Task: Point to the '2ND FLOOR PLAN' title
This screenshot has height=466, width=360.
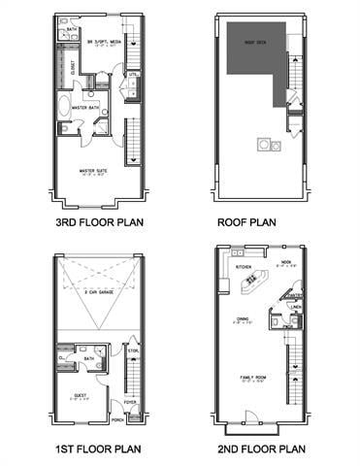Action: tap(259, 449)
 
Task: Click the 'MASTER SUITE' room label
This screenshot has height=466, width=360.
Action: tap(93, 171)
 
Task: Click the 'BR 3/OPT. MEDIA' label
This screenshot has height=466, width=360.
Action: tap(100, 42)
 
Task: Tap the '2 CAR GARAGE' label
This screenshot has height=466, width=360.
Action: tap(99, 291)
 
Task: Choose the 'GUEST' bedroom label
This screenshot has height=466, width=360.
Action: tap(80, 396)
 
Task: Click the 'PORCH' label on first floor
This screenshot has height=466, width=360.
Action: tap(116, 419)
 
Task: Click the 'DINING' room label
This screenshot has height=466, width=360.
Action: tap(243, 320)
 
